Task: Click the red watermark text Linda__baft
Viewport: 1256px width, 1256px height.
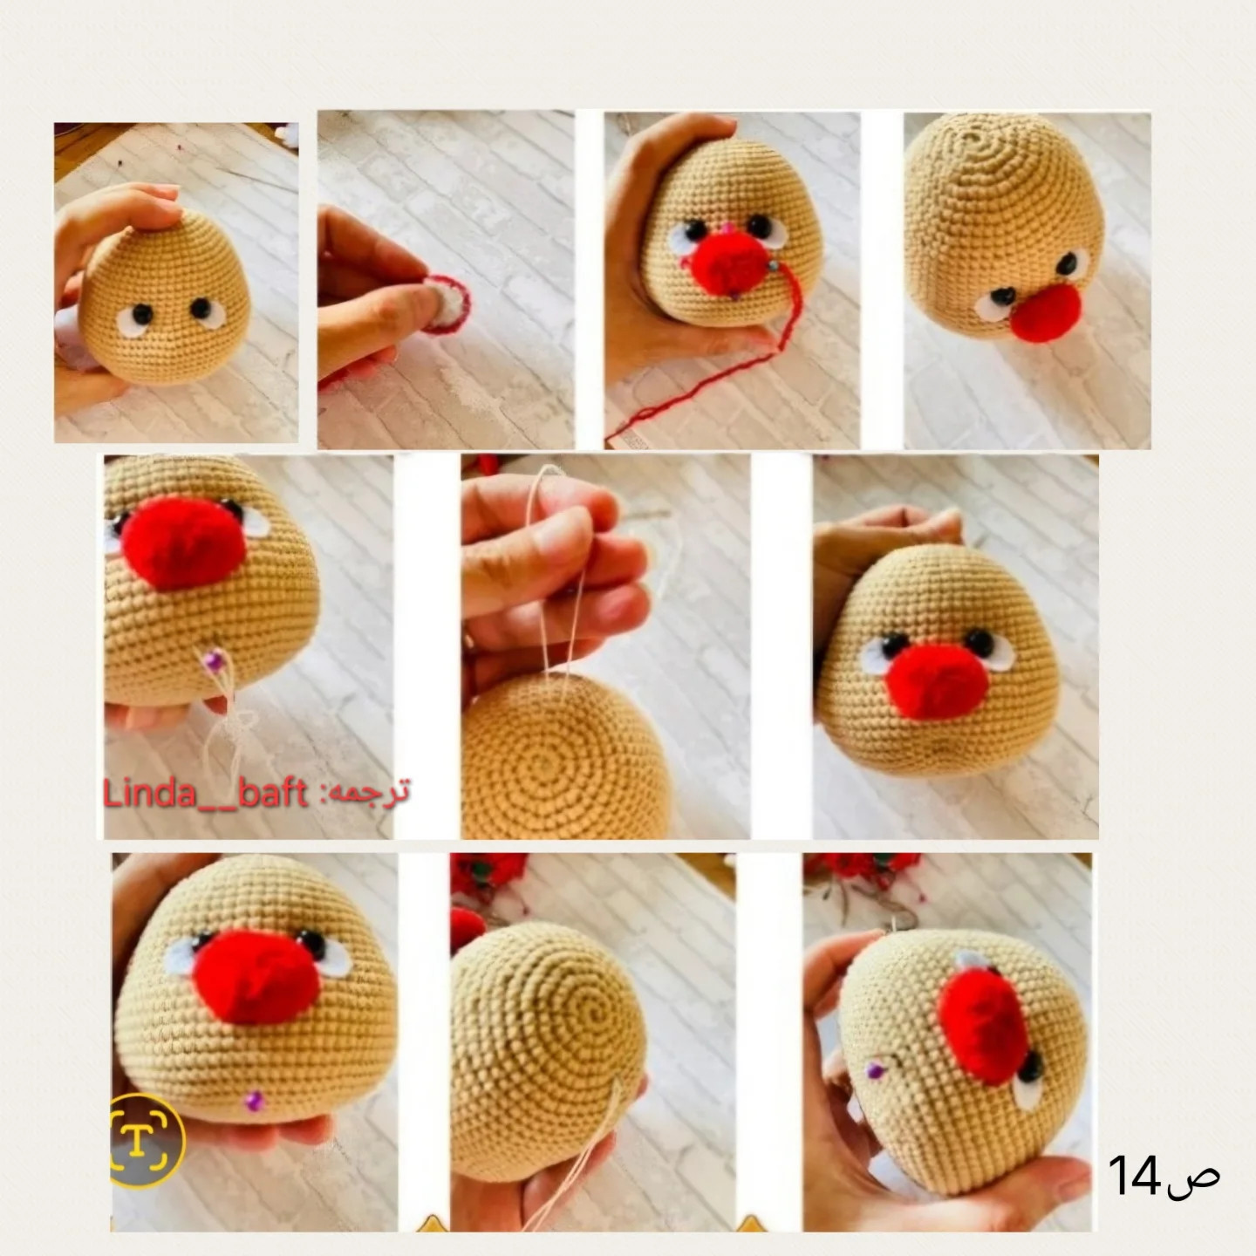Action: [205, 794]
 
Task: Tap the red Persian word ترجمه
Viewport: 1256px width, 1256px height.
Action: [372, 792]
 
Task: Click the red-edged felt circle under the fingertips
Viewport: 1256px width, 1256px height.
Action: [447, 304]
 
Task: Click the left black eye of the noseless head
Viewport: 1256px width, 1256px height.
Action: [142, 316]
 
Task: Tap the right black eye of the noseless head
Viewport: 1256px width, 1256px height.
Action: [201, 308]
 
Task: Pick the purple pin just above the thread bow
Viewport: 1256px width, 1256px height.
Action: [212, 661]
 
